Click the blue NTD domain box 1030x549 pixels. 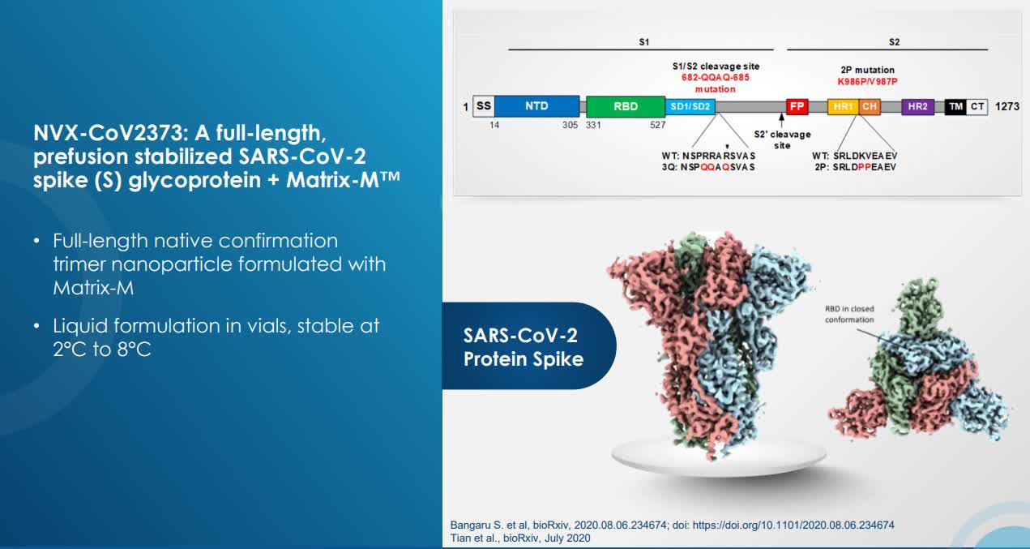tap(536, 106)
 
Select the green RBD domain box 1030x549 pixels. tap(626, 106)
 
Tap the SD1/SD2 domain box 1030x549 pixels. tap(690, 106)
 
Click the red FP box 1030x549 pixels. tap(797, 106)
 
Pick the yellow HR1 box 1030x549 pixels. tap(843, 106)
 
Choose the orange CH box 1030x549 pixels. tap(869, 106)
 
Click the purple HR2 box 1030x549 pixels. tap(918, 106)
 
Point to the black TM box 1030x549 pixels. tap(955, 106)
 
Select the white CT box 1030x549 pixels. tap(977, 106)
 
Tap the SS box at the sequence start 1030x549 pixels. tap(484, 106)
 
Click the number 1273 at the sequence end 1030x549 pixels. tap(1007, 106)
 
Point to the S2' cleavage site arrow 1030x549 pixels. tap(781, 121)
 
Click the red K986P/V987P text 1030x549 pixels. tap(867, 81)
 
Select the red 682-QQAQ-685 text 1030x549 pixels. tap(716, 77)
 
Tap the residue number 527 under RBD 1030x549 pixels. tap(657, 125)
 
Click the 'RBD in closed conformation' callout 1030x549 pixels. tap(849, 315)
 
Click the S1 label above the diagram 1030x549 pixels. tap(643, 42)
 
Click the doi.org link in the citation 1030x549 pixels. tap(793, 525)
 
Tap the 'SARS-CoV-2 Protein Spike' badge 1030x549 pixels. tap(529, 346)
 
